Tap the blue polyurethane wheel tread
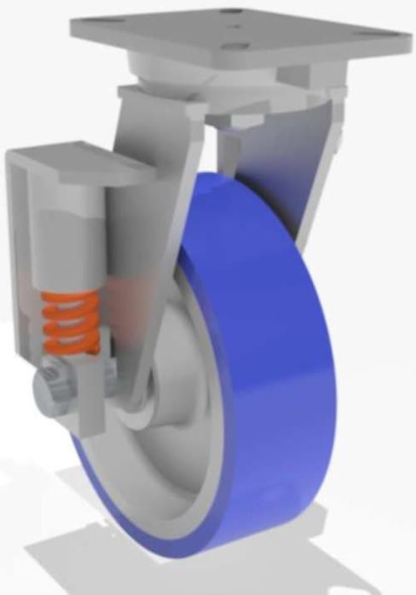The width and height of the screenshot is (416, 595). (x=275, y=350)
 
